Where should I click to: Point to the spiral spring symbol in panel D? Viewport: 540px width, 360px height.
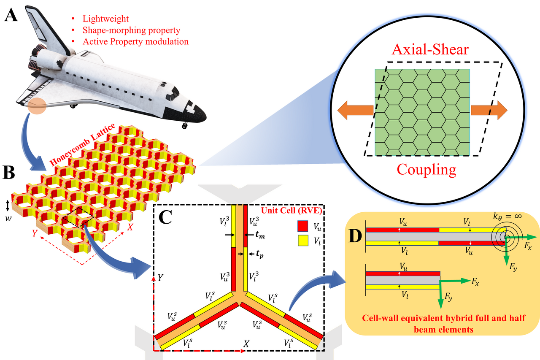pos(504,237)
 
